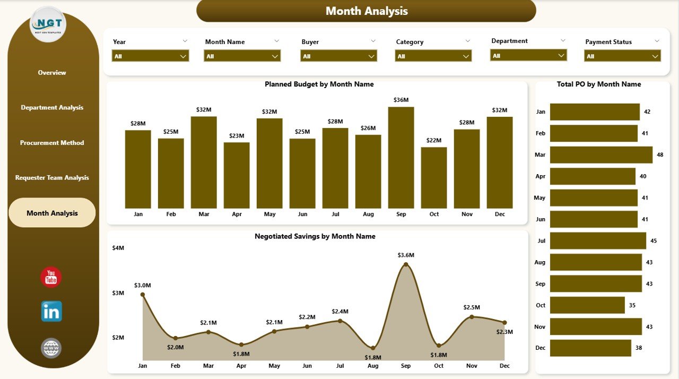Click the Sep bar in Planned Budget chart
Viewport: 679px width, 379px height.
coord(401,158)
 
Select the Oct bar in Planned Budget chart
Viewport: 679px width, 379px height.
coord(434,178)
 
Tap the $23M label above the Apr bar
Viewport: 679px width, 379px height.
coord(237,135)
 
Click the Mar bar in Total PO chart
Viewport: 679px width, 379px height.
coord(601,155)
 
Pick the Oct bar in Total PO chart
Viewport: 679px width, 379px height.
coord(587,305)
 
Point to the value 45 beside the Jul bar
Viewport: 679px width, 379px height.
coord(654,241)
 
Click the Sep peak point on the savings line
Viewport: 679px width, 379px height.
coord(406,264)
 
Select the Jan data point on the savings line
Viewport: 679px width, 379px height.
coord(143,295)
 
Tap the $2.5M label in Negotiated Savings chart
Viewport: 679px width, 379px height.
coord(471,307)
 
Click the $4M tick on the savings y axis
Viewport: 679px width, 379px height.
coord(118,248)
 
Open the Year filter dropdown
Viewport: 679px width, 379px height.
coord(150,56)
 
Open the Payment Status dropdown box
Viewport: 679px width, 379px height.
coord(622,56)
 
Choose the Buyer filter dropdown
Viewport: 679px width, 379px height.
coord(338,56)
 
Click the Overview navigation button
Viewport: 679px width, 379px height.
coord(52,73)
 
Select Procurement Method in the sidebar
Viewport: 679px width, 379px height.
coord(52,143)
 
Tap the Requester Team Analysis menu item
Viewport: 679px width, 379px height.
coord(52,178)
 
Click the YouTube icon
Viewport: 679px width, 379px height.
coord(51,278)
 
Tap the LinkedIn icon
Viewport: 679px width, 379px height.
coord(51,312)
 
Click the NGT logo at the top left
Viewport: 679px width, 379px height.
coord(48,24)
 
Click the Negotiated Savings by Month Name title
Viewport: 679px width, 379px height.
coord(315,237)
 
